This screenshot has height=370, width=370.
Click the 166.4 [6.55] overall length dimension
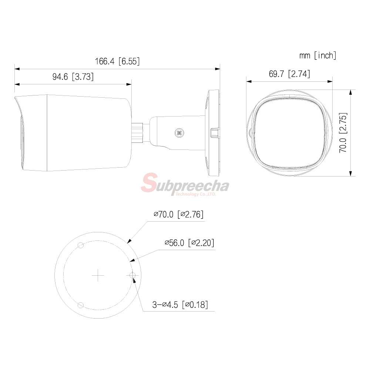coord(117,61)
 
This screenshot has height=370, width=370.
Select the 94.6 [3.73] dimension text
coord(73,77)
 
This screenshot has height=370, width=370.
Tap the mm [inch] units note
coord(318,55)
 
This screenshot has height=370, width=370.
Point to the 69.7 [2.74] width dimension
coord(289,74)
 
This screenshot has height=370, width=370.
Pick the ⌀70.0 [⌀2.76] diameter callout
coord(179,214)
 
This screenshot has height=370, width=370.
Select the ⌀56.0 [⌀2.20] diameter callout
coord(189,243)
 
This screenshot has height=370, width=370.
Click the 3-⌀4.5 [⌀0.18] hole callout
coord(180,305)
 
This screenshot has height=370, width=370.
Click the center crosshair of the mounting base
coord(98,275)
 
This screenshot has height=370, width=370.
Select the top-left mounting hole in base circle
coord(81,246)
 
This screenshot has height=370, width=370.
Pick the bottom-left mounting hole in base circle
coord(81,305)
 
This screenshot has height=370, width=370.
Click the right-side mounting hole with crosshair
coord(132,275)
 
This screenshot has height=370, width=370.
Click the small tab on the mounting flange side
coord(214,132)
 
